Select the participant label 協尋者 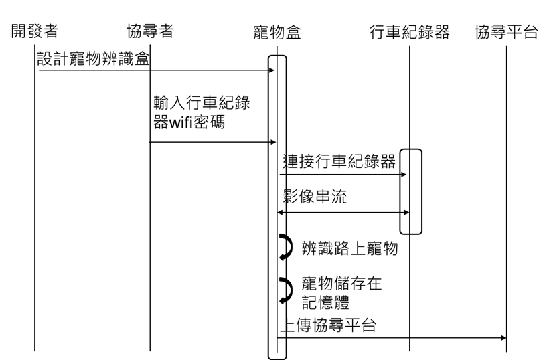click(x=150, y=31)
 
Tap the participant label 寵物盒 click(x=277, y=33)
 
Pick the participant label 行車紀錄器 click(x=409, y=32)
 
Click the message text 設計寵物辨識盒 click(x=93, y=60)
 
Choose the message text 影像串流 click(x=315, y=199)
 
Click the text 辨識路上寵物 click(x=350, y=249)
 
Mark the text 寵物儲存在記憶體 click(x=341, y=293)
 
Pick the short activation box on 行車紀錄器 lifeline click(x=412, y=191)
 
